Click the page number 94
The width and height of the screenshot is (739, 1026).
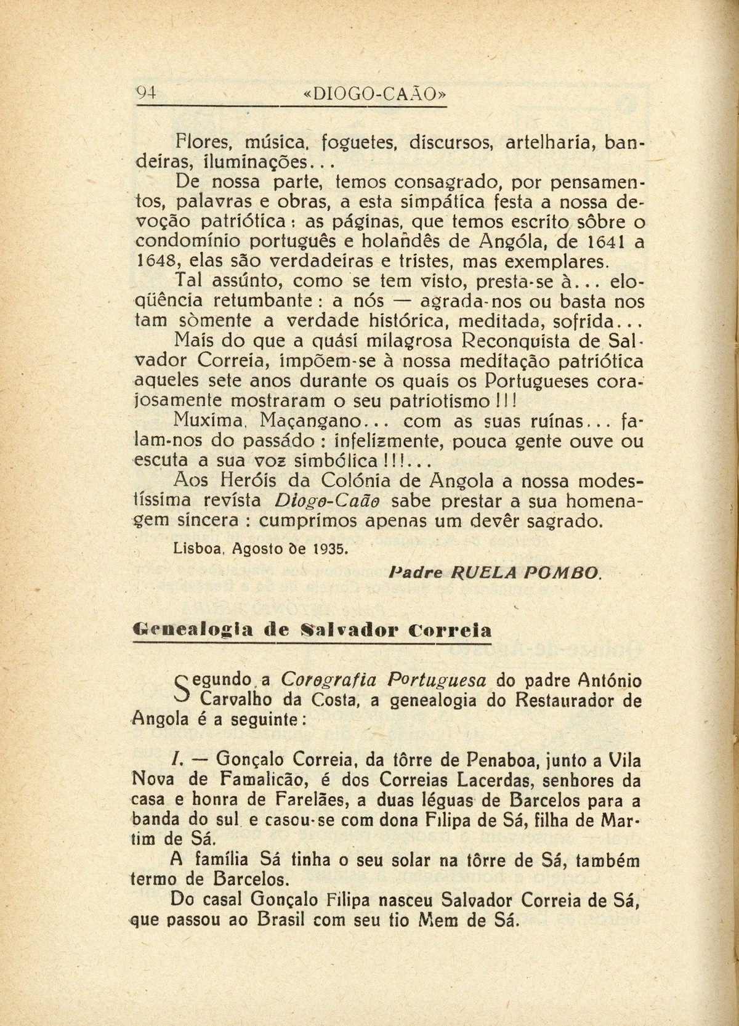[147, 94]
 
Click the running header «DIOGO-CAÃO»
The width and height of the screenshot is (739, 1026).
[374, 94]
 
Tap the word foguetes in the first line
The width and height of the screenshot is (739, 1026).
[347, 145]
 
